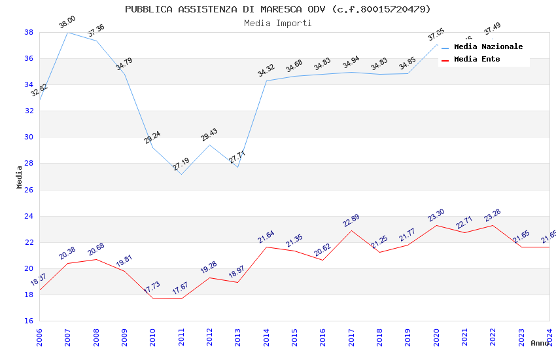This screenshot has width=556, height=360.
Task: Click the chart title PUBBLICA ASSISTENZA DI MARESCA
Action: pyautogui.click(x=278, y=9)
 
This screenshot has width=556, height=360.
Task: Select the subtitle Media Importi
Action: pyautogui.click(x=278, y=23)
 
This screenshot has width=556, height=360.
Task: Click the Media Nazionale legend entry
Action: pyautogui.click(x=488, y=46)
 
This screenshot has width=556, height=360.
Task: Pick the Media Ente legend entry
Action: pyautogui.click(x=477, y=59)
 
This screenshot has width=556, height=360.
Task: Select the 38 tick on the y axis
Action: pyautogui.click(x=29, y=32)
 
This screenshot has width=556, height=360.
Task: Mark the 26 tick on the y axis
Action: pyautogui.click(x=29, y=190)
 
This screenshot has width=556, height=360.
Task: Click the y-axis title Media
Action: pyautogui.click(x=20, y=177)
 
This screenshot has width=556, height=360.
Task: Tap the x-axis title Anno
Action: pyautogui.click(x=540, y=343)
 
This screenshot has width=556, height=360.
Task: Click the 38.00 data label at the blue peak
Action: pyautogui.click(x=67, y=22)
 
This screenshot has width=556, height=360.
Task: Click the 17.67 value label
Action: pyautogui.click(x=181, y=289)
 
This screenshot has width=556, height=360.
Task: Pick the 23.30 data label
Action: pyautogui.click(x=436, y=215)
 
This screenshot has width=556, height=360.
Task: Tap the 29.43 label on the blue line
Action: pyautogui.click(x=209, y=135)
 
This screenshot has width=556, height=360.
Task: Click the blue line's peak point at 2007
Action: pyautogui.click(x=67, y=32)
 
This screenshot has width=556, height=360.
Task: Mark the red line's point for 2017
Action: pyautogui.click(x=351, y=230)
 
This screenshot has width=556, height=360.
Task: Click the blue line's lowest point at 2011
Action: pyautogui.click(x=181, y=174)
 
